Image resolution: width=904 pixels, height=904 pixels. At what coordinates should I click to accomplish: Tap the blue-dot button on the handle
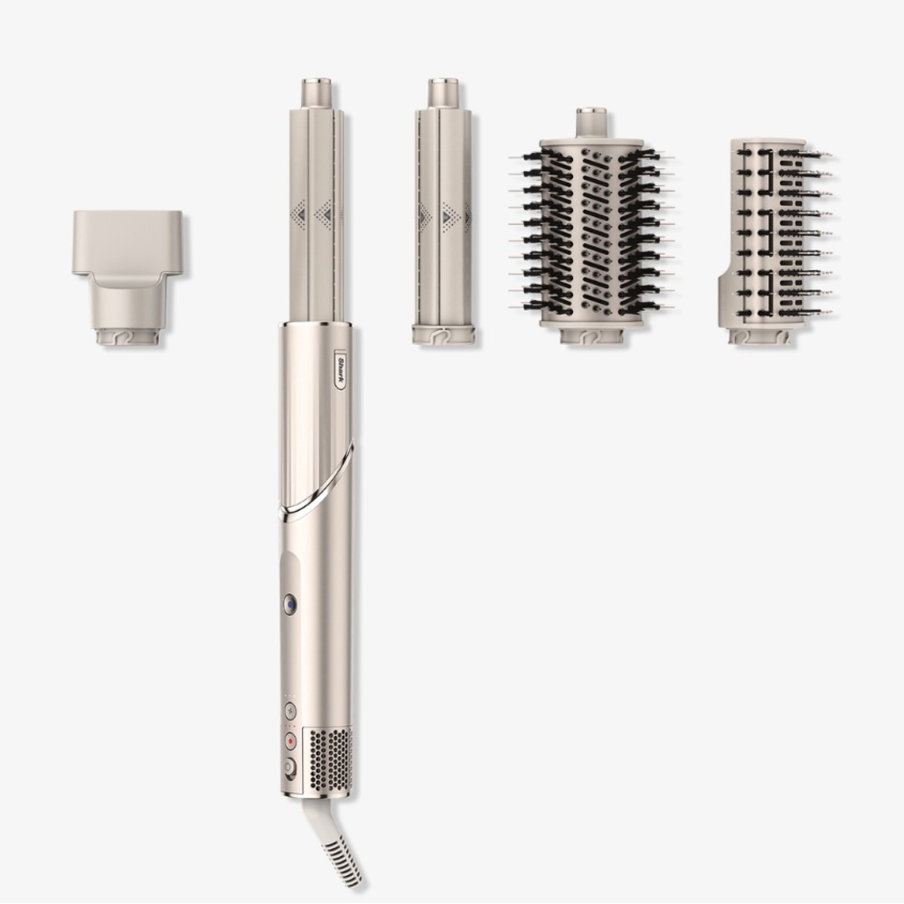pyautogui.click(x=290, y=605)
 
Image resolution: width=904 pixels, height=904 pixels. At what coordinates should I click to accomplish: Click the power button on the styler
pyautogui.click(x=289, y=767)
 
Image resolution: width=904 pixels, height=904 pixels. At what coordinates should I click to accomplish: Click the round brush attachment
pyautogui.click(x=590, y=227)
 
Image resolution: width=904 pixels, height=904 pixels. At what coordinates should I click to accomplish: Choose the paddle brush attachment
pyautogui.click(x=776, y=241)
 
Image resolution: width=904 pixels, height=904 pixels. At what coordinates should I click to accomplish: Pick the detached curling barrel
pyautogui.click(x=443, y=212)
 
